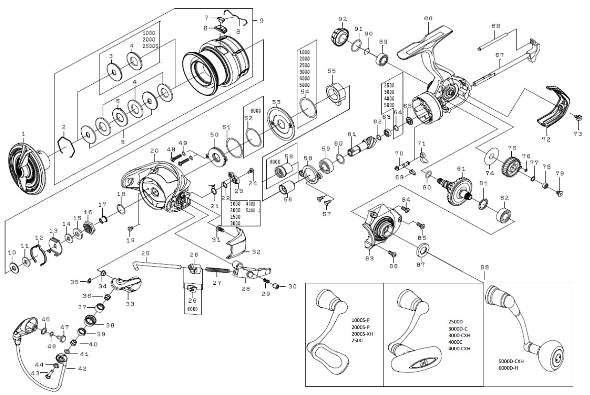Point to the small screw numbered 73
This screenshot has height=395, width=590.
point(577,117)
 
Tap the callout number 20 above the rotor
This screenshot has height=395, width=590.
point(154,151)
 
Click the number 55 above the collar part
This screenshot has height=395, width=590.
point(332,71)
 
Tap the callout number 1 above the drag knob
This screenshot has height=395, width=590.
point(23,134)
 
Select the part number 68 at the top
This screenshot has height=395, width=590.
point(428,18)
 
